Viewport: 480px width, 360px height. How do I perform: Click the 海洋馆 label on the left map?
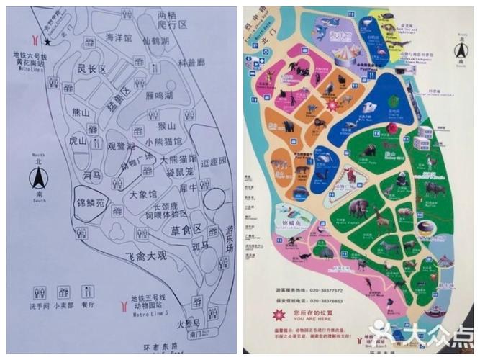click(119, 38)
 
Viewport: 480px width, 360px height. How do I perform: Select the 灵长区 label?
click(91, 70)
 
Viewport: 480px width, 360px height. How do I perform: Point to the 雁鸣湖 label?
click(159, 96)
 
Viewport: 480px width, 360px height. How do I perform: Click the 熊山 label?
click(82, 114)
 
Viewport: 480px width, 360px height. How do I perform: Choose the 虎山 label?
click(78, 142)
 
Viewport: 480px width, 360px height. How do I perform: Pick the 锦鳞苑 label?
click(91, 202)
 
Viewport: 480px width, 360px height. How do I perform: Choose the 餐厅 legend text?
click(89, 305)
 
